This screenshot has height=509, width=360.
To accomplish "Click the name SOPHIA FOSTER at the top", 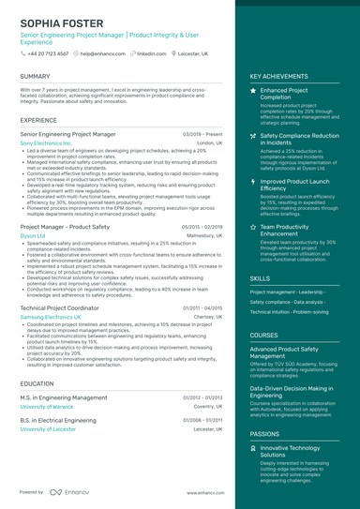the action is [x=62, y=21].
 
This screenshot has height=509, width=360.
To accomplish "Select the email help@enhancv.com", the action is [x=99, y=54].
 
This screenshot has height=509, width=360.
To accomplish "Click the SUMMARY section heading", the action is [x=35, y=76].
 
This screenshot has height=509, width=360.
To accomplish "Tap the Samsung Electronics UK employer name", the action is [x=56, y=317].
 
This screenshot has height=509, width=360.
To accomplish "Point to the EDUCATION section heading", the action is [x=37, y=383].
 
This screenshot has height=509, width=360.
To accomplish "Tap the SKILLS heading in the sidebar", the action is [x=260, y=278].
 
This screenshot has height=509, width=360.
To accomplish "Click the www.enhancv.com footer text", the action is [x=202, y=492].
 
